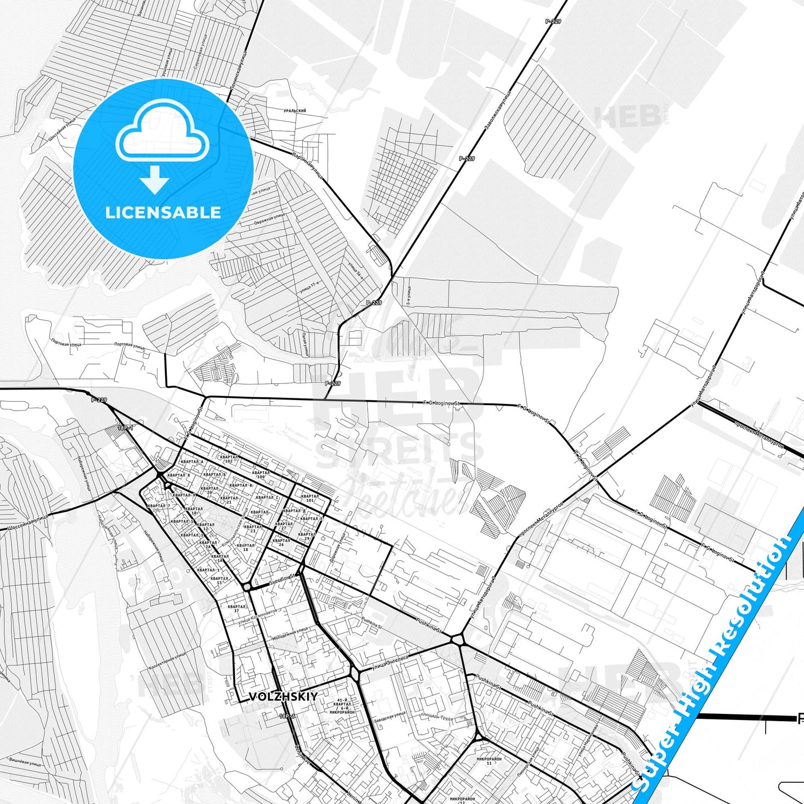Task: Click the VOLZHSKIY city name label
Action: pyautogui.click(x=283, y=697)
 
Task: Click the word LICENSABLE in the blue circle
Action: pyautogui.click(x=163, y=213)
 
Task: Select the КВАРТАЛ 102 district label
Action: pyautogui.click(x=229, y=459)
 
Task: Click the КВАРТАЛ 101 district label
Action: pyautogui.click(x=310, y=498)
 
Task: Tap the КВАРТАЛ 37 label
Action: pyautogui.click(x=236, y=609)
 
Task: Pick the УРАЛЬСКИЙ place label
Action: pyautogui.click(x=295, y=111)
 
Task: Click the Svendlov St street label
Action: pyautogui.click(x=283, y=579)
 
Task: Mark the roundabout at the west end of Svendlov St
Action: pyautogui.click(x=247, y=587)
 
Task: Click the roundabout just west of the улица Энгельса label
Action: pyautogui.click(x=354, y=675)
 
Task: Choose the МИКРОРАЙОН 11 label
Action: pyautogui.click(x=489, y=761)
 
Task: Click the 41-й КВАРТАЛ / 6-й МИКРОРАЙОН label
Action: pyautogui.click(x=342, y=706)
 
